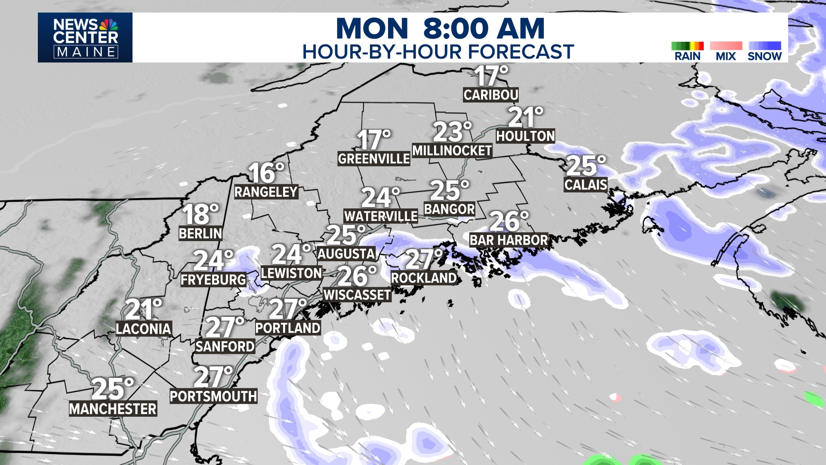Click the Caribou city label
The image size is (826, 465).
click(491, 95)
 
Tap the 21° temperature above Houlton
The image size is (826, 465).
click(525, 117)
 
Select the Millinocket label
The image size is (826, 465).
click(452, 151)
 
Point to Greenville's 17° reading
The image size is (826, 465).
click(373, 140)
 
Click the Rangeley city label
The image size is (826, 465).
click(266, 192)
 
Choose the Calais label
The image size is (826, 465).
click(586, 185)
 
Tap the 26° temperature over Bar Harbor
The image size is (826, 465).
click(509, 221)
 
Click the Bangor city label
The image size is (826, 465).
click(449, 209)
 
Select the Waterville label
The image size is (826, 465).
click(381, 216)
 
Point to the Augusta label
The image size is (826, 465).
click(346, 254)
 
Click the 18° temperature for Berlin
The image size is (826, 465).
click(200, 214)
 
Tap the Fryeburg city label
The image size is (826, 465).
click(213, 280)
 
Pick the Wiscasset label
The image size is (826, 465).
click(357, 295)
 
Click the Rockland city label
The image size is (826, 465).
click(424, 278)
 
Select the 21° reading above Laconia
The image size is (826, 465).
click(143, 310)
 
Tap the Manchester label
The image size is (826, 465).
click(113, 409)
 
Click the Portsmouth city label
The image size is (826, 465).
click(213, 396)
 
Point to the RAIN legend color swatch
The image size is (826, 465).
click(687, 46)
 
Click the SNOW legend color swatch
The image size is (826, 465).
click(764, 46)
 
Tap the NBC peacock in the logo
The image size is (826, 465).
click(109, 25)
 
